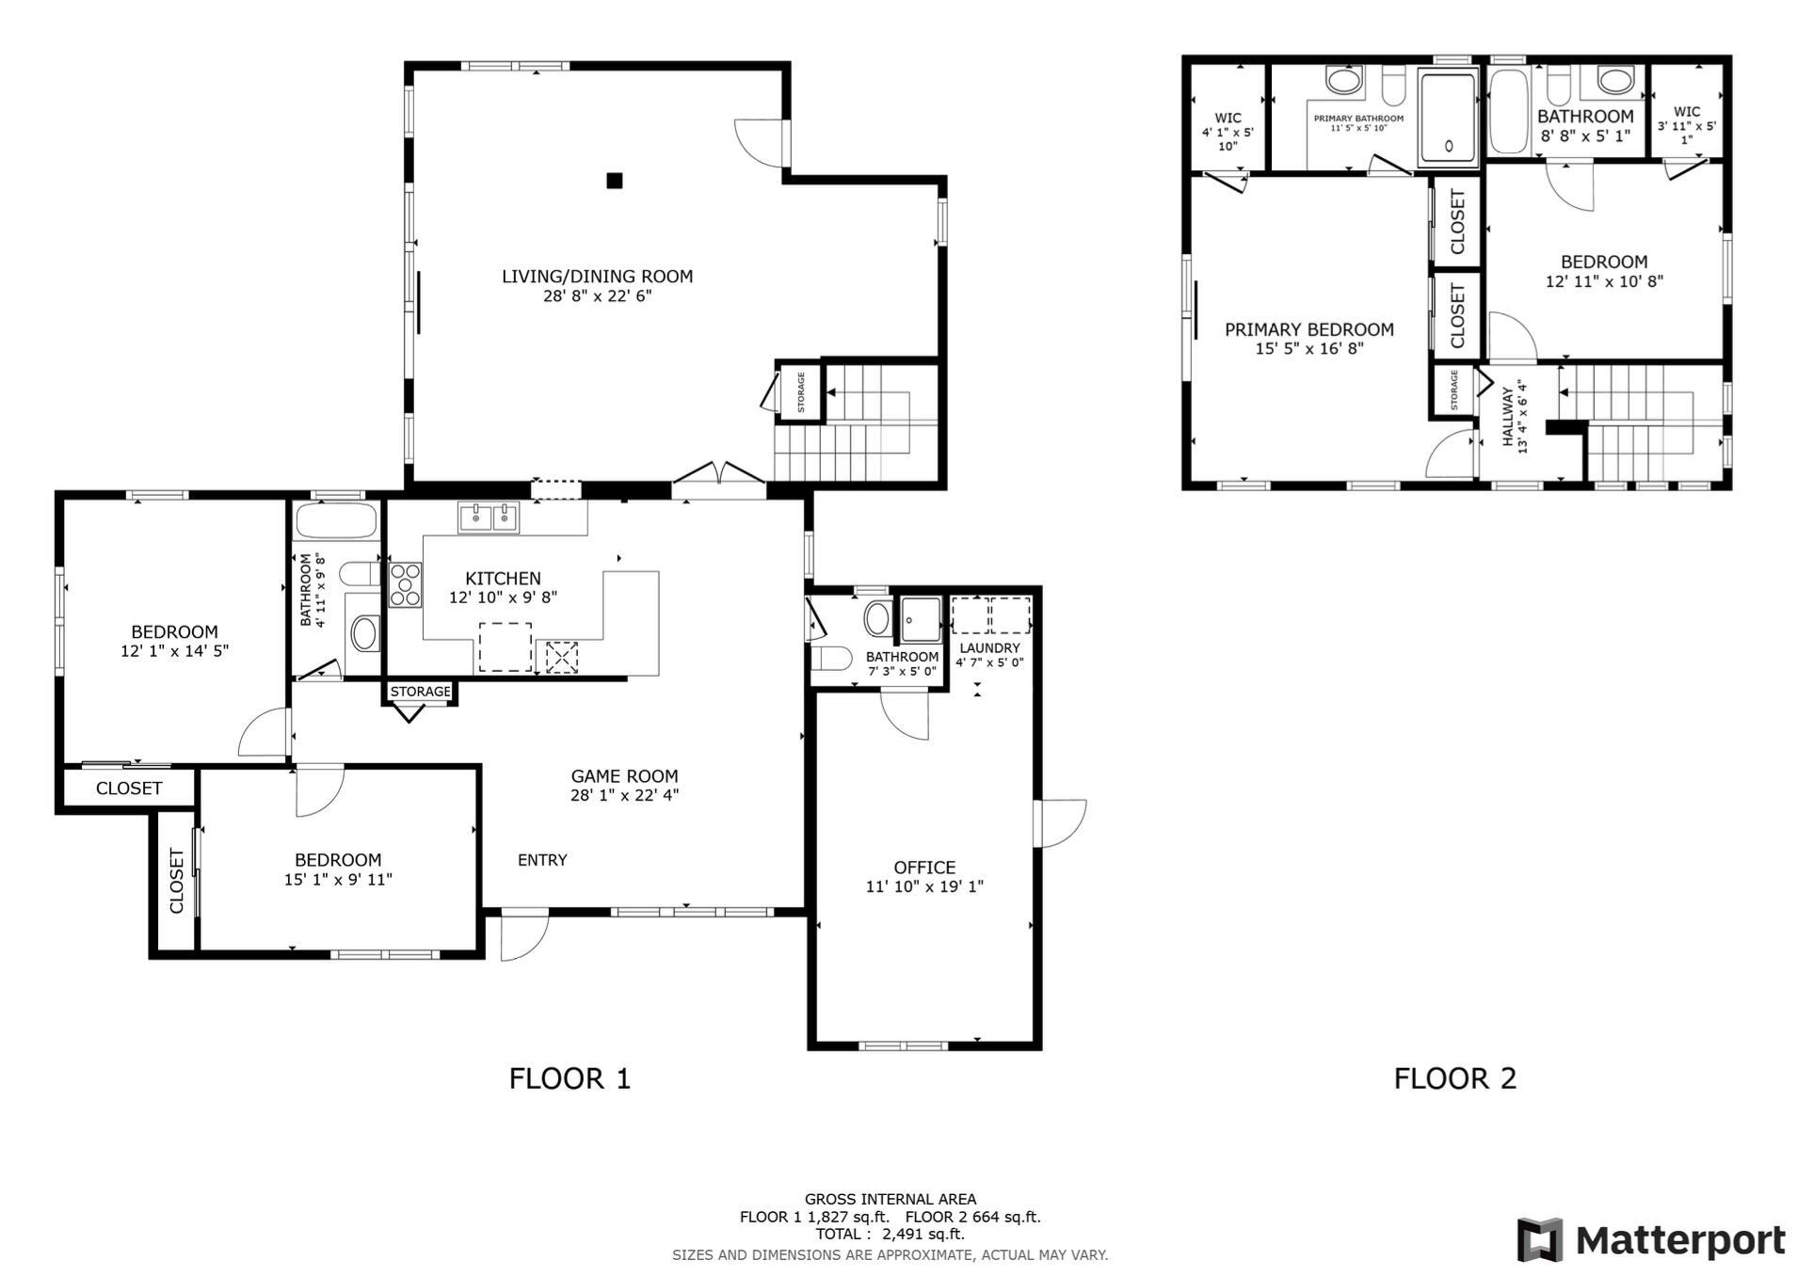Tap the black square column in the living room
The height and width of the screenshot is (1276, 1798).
(615, 181)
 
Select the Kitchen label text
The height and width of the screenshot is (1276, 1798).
(503, 579)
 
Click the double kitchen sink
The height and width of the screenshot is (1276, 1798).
(489, 518)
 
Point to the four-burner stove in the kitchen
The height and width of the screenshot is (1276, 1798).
(406, 584)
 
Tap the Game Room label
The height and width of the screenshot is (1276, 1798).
(624, 776)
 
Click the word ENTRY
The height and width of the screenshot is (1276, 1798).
(542, 860)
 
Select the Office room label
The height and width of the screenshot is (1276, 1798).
(924, 868)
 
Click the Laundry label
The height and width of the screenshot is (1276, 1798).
(990, 648)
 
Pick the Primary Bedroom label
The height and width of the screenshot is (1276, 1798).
(1309, 329)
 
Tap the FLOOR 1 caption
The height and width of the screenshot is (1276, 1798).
(570, 1078)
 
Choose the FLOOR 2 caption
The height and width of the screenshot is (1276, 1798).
(1455, 1078)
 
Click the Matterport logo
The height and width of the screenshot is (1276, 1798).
(1651, 1240)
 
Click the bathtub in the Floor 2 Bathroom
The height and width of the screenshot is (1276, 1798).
(1509, 111)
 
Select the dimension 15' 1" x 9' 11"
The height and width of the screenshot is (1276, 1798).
(338, 880)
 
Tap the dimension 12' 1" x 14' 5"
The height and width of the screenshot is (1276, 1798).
(175, 650)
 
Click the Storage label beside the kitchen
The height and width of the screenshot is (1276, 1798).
(420, 692)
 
